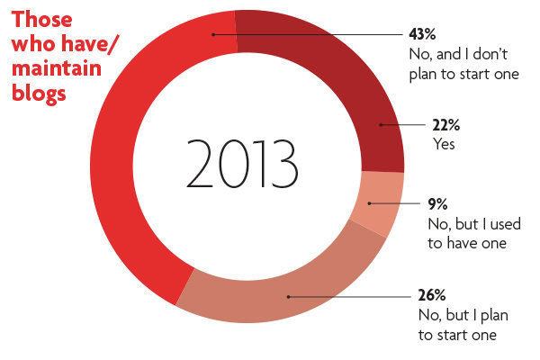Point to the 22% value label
point(421,127)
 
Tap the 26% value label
point(421,296)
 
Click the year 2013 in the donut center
point(242,161)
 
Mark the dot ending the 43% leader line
point(213,34)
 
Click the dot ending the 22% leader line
point(381,124)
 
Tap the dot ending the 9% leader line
point(370,204)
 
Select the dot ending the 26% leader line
point(286,295)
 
